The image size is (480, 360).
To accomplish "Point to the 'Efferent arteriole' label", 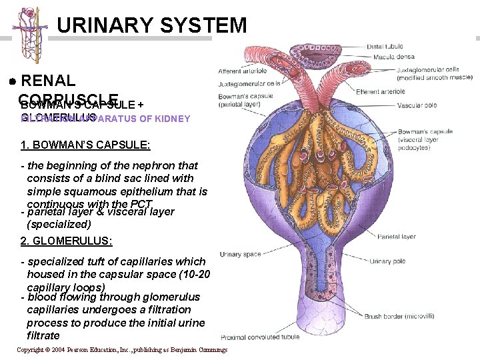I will [380, 91].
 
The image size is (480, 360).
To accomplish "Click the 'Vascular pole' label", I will [414, 105].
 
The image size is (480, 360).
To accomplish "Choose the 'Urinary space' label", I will [240, 255].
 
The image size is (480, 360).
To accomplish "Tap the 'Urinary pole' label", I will [387, 261].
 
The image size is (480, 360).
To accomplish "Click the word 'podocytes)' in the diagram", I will [414, 147].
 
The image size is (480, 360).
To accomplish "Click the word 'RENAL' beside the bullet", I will [49, 81].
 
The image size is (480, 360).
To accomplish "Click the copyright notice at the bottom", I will [121, 349].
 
